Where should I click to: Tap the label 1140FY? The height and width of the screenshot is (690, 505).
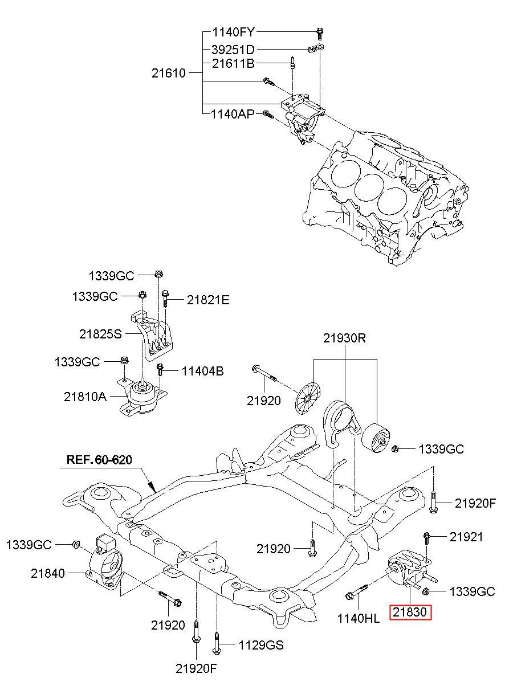click(234, 32)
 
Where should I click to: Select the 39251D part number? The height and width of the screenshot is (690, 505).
click(233, 49)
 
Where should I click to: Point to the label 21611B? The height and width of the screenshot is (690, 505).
click(233, 63)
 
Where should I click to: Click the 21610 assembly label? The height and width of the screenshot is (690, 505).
click(169, 74)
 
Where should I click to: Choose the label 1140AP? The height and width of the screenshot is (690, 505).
click(233, 115)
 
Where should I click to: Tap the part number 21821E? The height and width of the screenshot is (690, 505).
click(208, 300)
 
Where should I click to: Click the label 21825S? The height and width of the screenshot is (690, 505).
click(100, 334)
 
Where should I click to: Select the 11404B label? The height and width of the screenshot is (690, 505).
click(202, 371)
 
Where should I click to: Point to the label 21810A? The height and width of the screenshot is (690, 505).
click(85, 397)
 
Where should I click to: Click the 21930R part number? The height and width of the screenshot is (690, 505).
click(344, 338)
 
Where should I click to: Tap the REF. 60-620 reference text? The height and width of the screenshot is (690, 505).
click(99, 460)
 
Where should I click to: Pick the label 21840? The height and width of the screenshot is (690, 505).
click(48, 573)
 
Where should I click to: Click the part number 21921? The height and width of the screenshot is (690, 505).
click(466, 537)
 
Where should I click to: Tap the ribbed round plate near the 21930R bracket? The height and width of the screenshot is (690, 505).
click(307, 399)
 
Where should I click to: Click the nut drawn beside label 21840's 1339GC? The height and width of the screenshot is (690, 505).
click(76, 544)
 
